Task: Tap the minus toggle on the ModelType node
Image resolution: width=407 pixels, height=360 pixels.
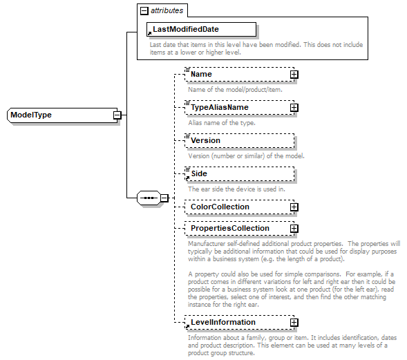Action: pyautogui.click(x=117, y=115)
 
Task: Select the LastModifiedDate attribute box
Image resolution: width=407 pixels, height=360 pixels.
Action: pyautogui.click(x=200, y=29)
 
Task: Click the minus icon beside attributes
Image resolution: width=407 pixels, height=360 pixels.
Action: pyautogui.click(x=144, y=11)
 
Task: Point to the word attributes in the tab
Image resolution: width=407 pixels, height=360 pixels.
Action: pyautogui.click(x=169, y=11)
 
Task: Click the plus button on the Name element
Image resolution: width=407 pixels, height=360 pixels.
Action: pyautogui.click(x=294, y=74)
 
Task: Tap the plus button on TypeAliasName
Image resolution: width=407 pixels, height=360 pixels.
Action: pyautogui.click(x=294, y=107)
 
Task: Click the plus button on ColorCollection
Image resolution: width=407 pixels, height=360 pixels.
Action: pyautogui.click(x=294, y=207)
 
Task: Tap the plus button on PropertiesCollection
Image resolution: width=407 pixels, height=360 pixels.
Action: pyautogui.click(x=294, y=228)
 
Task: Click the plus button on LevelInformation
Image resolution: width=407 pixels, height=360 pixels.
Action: pyautogui.click(x=294, y=322)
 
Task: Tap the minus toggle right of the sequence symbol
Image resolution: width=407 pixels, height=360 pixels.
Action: pyautogui.click(x=164, y=198)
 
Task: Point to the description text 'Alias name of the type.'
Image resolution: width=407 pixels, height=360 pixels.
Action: pyautogui.click(x=222, y=122)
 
